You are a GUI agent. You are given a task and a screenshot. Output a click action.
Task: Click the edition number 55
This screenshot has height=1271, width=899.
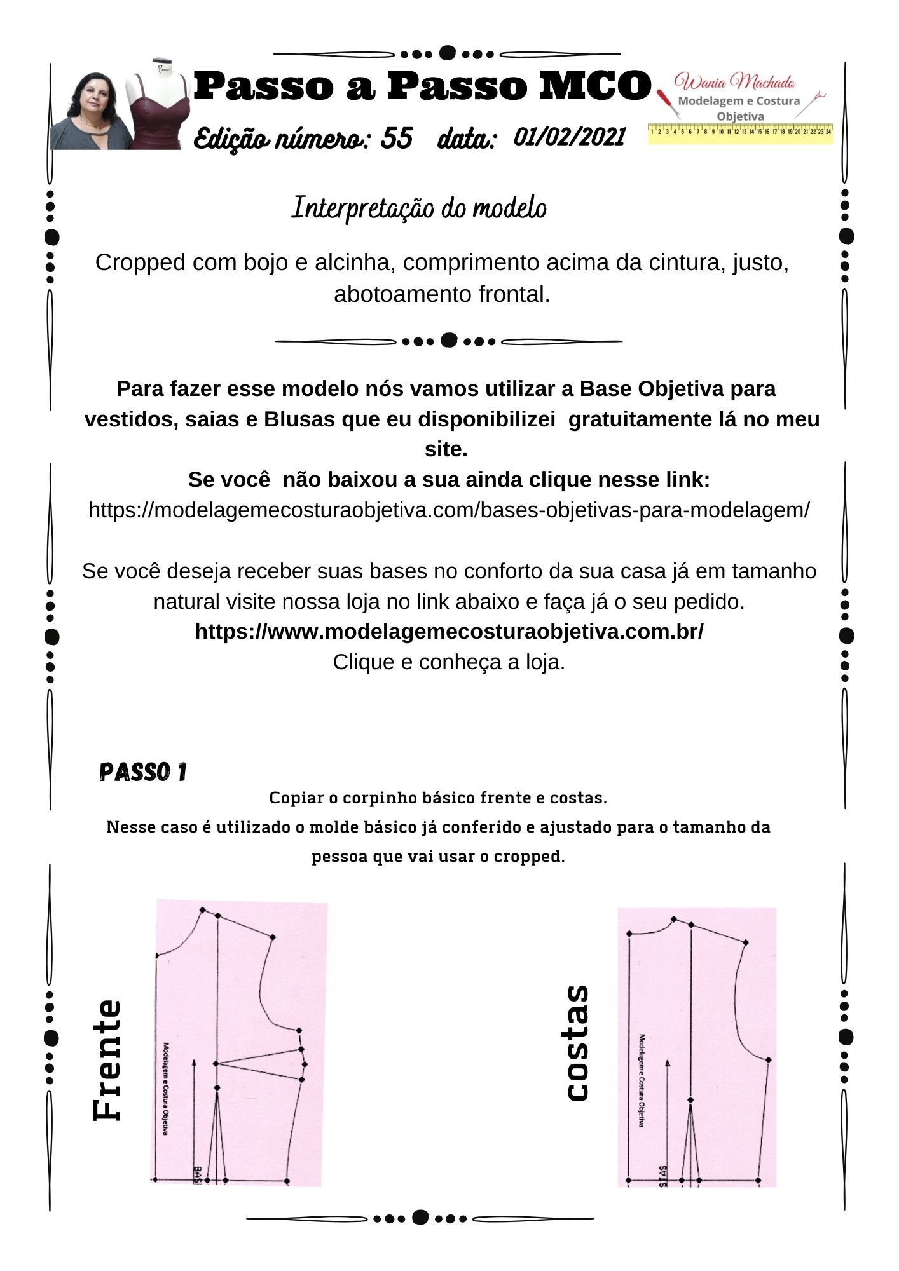(x=397, y=138)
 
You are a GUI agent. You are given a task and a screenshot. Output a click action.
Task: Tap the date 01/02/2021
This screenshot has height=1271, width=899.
(x=569, y=137)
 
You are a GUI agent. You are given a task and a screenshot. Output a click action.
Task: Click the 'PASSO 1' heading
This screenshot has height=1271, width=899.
(x=143, y=772)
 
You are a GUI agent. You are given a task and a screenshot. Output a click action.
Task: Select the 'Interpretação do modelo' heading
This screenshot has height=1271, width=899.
(x=419, y=208)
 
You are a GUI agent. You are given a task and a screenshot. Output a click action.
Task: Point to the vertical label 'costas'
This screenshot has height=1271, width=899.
(x=577, y=1042)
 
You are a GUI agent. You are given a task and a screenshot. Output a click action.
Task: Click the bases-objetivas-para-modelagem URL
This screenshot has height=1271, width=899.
(x=449, y=510)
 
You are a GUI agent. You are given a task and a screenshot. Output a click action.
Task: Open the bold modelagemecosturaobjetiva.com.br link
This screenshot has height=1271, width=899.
(x=449, y=631)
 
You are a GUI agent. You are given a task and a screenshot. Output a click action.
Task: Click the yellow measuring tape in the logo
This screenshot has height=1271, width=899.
(x=740, y=132)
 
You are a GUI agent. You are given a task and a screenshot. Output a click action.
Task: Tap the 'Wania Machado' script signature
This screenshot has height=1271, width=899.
(x=734, y=81)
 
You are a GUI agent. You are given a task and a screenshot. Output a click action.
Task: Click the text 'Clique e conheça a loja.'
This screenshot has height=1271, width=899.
(x=449, y=662)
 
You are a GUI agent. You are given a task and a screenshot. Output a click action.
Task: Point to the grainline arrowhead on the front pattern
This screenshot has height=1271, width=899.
(x=195, y=1062)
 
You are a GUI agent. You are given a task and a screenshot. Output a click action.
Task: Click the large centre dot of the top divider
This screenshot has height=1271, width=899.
(x=448, y=53)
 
